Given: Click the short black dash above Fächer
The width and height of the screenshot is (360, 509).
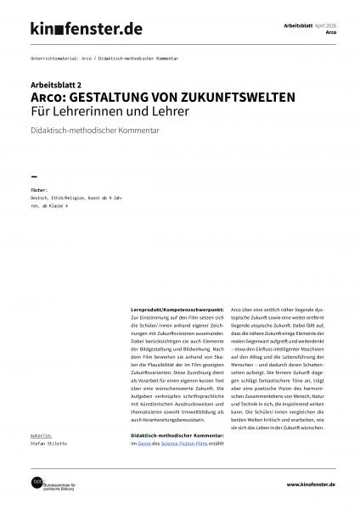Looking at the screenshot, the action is pos(35,176).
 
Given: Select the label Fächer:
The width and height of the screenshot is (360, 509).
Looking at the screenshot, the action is pos(39,191).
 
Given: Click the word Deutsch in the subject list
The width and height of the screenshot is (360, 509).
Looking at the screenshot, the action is pos(41,199).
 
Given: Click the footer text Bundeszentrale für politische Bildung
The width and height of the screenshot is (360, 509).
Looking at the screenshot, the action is pos(67,486).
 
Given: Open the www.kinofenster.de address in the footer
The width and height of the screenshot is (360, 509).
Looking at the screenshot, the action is pos(300,484).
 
